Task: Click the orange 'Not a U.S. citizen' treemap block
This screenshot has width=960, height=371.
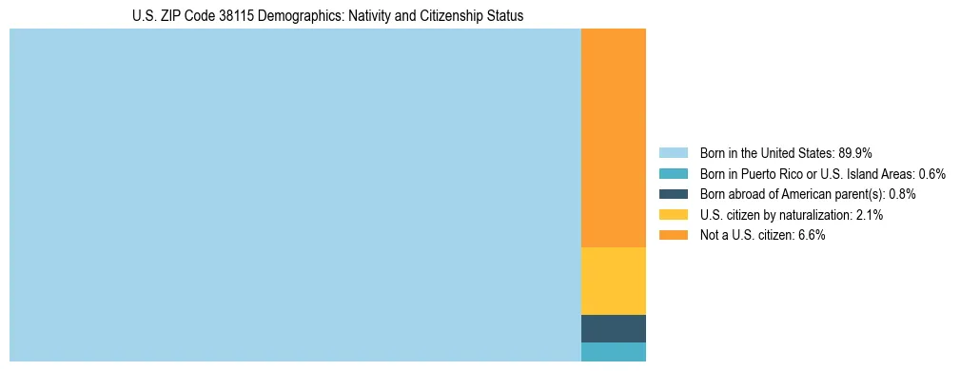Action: click(613, 138)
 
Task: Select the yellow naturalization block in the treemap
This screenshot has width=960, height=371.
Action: click(613, 281)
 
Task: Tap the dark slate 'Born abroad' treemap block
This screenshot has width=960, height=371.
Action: click(613, 328)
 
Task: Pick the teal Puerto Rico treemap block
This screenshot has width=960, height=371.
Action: click(613, 352)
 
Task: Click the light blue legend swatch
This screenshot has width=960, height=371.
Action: click(673, 152)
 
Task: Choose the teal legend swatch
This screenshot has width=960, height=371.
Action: click(673, 173)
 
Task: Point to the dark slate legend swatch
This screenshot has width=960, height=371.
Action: click(673, 194)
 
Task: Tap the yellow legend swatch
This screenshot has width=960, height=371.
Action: click(673, 215)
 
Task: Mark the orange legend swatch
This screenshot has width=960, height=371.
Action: click(673, 235)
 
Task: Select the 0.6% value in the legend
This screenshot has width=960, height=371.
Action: click(932, 173)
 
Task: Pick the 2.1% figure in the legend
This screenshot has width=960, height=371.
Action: click(870, 215)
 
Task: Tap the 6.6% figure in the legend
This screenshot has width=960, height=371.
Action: click(812, 235)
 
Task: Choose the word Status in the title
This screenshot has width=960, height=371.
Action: click(504, 16)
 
